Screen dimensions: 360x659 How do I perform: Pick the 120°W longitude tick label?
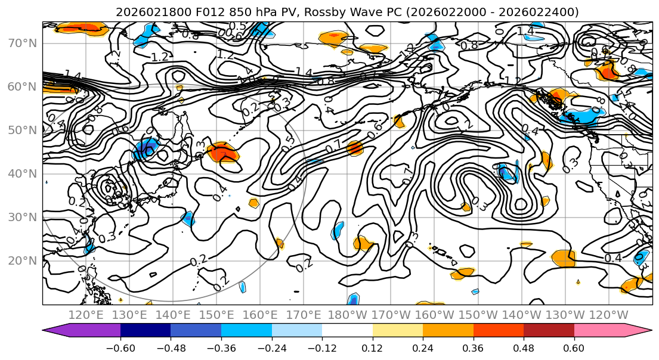610,315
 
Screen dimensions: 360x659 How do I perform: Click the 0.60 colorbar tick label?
574,347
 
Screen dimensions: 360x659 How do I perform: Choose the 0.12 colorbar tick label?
372,347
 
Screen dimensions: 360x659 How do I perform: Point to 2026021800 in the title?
149,12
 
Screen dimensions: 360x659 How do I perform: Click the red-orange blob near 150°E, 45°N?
223,153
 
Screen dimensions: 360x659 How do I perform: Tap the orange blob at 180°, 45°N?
355,148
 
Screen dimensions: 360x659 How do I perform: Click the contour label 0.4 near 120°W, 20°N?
612,258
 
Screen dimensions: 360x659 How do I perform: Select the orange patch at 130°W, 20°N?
564,258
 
